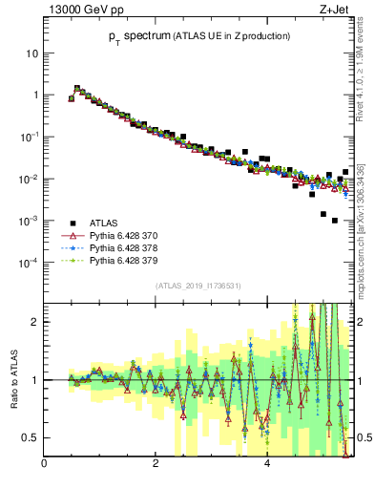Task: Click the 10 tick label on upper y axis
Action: tap(31, 53)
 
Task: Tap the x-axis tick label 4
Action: tap(266, 465)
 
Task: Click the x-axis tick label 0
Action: tap(45, 465)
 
